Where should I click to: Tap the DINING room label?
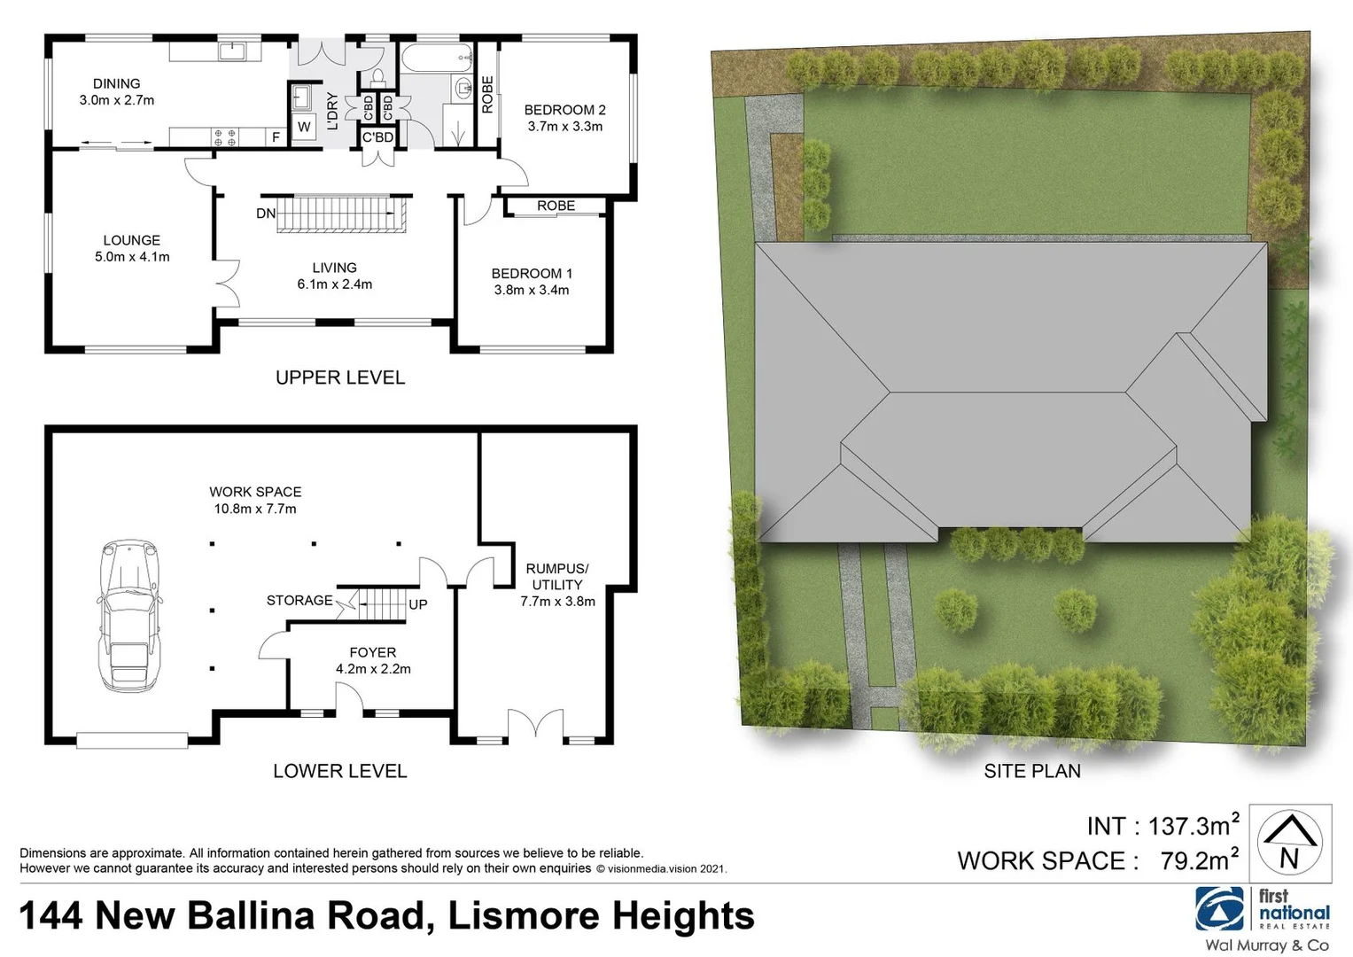pyautogui.click(x=116, y=84)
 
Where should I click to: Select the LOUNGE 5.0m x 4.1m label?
pyautogui.click(x=132, y=248)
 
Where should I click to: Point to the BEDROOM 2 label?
pyautogui.click(x=564, y=110)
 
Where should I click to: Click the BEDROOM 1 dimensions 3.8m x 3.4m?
pyautogui.click(x=532, y=291)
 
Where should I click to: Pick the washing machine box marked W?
pyautogui.click(x=304, y=127)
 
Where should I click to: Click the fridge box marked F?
pyautogui.click(x=276, y=137)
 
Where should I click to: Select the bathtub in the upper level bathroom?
pyautogui.click(x=436, y=60)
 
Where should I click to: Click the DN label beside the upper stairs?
pyautogui.click(x=265, y=214)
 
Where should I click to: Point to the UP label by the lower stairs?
pyautogui.click(x=418, y=604)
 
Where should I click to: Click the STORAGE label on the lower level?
pyautogui.click(x=299, y=601)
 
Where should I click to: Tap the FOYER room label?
pyautogui.click(x=372, y=652)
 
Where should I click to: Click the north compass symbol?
pyautogui.click(x=1289, y=842)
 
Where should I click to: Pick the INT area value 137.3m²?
pyautogui.click(x=1194, y=826)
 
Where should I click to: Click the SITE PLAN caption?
pyautogui.click(x=1031, y=771)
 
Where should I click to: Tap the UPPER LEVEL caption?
pyautogui.click(x=339, y=377)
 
